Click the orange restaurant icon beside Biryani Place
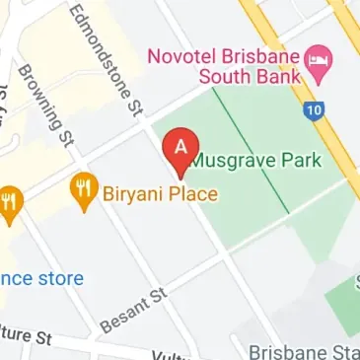83,187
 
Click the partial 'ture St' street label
25,335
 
